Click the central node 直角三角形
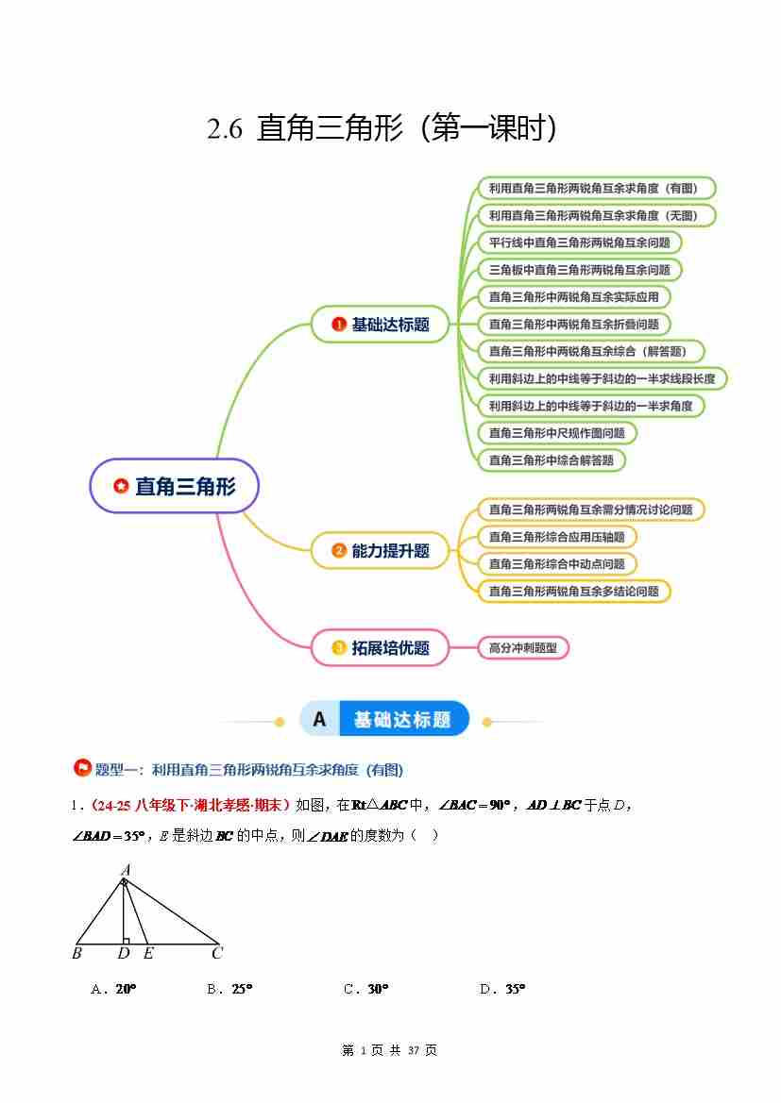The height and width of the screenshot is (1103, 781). [174, 486]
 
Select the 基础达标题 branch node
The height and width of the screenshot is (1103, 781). [380, 325]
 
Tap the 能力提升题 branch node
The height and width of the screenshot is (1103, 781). [380, 550]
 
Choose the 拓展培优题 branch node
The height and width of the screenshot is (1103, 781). [380, 647]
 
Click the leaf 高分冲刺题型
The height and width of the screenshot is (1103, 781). [523, 647]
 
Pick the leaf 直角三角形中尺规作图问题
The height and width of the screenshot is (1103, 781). [557, 433]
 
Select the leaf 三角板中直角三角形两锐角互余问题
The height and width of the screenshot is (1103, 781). [579, 270]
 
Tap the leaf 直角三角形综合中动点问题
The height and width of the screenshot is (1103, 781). [557, 563]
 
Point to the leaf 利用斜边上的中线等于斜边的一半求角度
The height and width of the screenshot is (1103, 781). [591, 406]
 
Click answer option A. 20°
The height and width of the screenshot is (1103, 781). [114, 989]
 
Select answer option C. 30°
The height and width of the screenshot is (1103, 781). [366, 989]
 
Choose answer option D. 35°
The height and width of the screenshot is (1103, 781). [502, 989]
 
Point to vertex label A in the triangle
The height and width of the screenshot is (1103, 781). [126, 869]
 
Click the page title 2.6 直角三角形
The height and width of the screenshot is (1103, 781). [382, 128]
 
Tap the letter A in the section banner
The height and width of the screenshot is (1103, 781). [319, 720]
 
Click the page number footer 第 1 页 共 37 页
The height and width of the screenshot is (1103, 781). [389, 1050]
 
